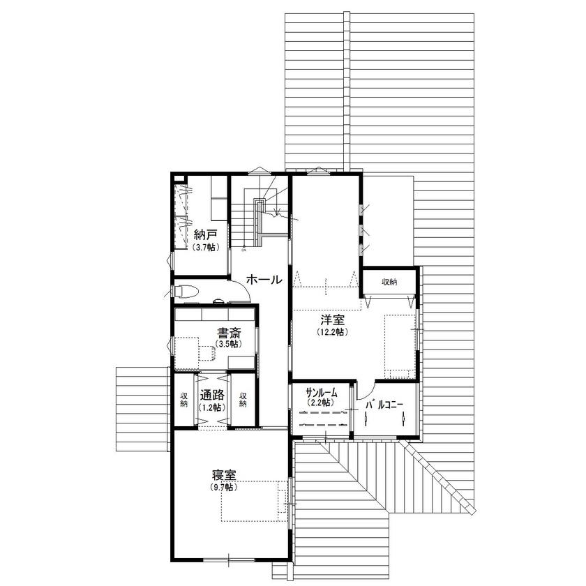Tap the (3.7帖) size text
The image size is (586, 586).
pos(204,248)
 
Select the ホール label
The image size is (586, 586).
pos(264,280)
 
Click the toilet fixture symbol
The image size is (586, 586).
pos(186,291)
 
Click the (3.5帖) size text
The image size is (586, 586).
pos(228,345)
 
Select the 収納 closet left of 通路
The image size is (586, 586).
pos(183,400)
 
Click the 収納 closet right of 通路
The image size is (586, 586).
pos(243,400)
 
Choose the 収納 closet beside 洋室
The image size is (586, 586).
pos(389,283)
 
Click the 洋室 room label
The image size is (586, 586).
pos(332,320)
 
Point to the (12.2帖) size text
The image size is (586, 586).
pos(332,332)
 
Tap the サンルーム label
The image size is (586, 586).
pos(322,393)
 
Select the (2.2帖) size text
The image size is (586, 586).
pos(320,403)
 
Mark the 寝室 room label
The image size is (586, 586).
pos(224,476)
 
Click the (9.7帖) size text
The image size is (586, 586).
pos(224,487)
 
